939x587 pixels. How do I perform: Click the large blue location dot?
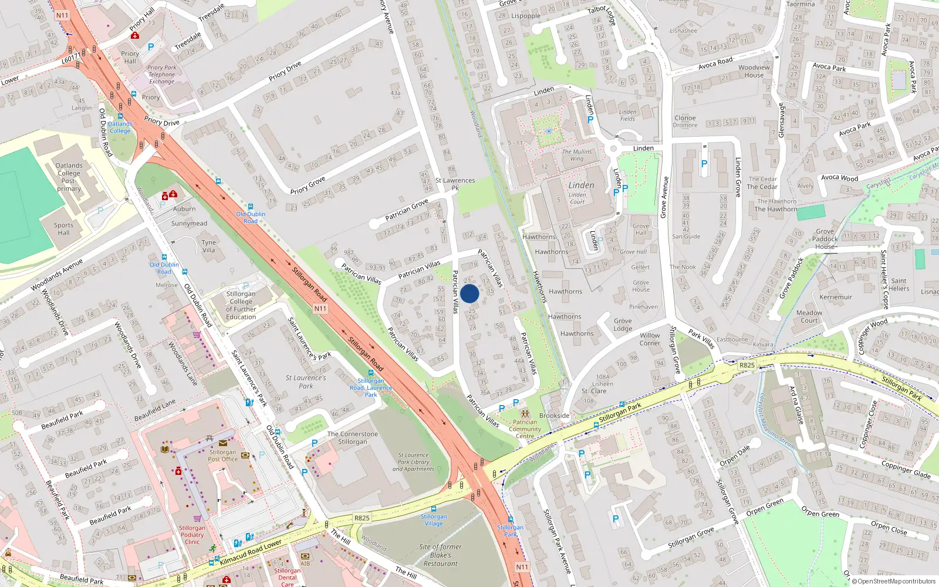click(469, 293)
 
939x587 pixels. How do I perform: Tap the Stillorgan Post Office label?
click(222, 456)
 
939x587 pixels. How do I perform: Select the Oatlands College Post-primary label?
click(69, 177)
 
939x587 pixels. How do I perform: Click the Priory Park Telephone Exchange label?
click(161, 75)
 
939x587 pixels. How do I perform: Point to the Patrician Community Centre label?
click(525, 429)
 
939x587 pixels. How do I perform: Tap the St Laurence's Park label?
click(306, 382)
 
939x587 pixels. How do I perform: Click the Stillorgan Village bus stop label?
click(434, 520)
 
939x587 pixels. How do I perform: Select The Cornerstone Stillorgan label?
click(352, 438)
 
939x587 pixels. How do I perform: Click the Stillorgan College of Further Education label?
click(241, 305)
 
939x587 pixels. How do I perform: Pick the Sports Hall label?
click(63, 229)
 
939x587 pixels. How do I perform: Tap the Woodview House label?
click(754, 71)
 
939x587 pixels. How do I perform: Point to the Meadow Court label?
click(809, 316)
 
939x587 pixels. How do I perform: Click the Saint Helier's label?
click(899, 285)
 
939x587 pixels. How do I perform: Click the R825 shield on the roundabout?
click(747, 365)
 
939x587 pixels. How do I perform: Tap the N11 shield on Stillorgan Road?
click(320, 308)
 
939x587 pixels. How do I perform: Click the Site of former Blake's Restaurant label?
click(440, 555)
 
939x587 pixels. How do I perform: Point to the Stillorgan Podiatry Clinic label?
click(192, 535)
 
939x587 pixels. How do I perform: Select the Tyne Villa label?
click(208, 246)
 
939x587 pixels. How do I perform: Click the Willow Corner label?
click(650, 339)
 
